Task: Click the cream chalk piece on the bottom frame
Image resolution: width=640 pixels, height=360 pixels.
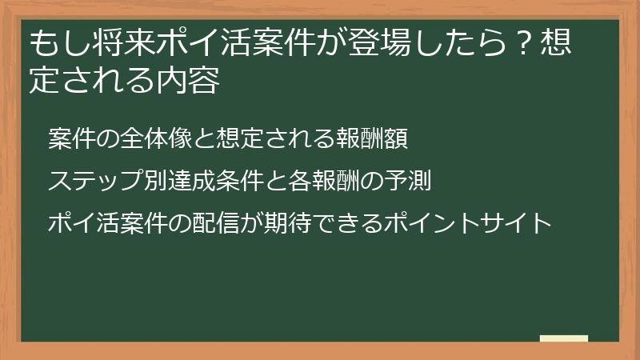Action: pyautogui.click(x=564, y=338)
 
